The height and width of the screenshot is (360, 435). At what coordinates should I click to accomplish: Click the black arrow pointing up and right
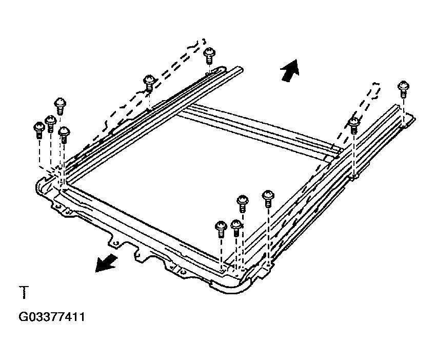click(x=290, y=71)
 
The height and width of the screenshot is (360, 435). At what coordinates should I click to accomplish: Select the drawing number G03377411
click(x=52, y=317)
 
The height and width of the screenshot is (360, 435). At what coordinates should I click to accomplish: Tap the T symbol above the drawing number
click(x=24, y=292)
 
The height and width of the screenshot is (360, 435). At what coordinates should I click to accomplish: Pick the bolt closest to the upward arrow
click(x=209, y=55)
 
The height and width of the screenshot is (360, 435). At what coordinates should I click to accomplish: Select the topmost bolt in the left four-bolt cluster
click(x=60, y=106)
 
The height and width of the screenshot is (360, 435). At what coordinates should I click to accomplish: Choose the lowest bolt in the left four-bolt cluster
click(x=64, y=135)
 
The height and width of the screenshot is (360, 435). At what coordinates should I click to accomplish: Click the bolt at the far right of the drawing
click(x=403, y=89)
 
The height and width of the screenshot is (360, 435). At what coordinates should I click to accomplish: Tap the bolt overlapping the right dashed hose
click(x=354, y=125)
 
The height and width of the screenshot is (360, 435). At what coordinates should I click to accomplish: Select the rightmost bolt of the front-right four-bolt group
click(x=268, y=199)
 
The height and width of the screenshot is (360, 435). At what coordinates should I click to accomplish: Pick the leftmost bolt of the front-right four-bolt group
click(x=221, y=229)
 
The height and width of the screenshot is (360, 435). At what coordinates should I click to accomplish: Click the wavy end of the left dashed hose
click(x=200, y=43)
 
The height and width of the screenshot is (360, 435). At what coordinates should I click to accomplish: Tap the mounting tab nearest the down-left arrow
click(x=114, y=242)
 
